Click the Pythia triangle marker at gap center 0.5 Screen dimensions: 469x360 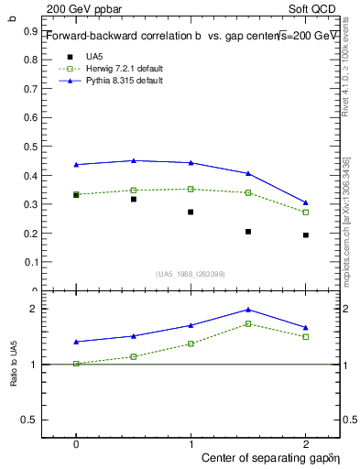click(134, 160)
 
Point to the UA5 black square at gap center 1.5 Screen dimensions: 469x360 click(248, 232)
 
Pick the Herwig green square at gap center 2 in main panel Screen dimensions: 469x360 click(305, 212)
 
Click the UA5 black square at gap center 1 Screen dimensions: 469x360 click(191, 212)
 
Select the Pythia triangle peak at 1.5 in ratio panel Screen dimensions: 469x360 click(248, 310)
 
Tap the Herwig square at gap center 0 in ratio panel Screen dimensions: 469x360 click(76, 364)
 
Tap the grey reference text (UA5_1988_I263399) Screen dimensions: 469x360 click(191, 274)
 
